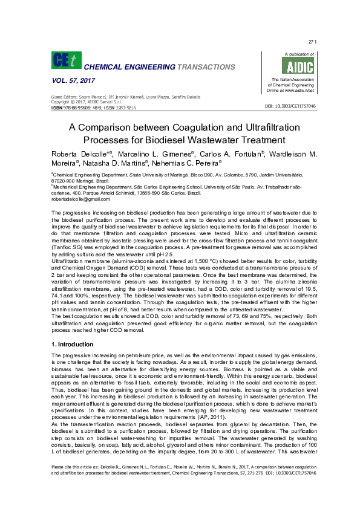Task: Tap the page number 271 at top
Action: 312,41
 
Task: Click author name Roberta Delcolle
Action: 77,155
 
